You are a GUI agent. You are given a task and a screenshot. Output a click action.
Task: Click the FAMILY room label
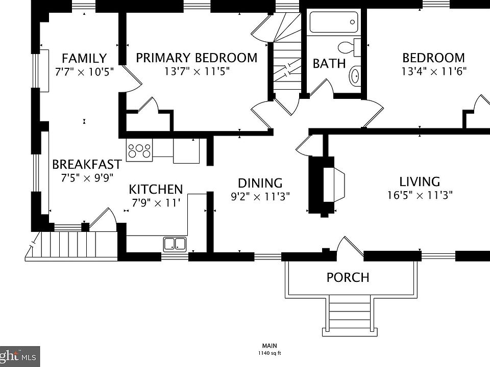(84, 58)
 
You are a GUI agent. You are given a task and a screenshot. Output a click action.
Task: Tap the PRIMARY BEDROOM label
(197, 58)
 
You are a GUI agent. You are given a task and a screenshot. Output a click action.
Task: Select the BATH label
(329, 64)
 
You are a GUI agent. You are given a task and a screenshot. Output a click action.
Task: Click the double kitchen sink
(175, 244)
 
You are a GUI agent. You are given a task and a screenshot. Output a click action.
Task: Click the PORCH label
(348, 278)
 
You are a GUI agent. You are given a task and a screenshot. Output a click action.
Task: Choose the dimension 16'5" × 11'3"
(420, 195)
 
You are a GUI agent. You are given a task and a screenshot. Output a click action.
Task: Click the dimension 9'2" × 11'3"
(260, 196)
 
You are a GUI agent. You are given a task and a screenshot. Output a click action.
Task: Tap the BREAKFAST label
(87, 165)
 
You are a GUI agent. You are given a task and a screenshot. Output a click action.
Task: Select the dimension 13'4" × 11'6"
(434, 71)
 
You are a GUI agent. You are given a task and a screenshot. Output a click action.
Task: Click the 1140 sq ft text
(269, 353)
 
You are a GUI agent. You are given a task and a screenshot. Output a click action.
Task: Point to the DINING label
(260, 183)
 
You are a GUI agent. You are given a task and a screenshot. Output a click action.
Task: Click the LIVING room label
(420, 181)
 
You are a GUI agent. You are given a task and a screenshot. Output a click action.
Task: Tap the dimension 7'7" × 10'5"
(84, 71)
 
